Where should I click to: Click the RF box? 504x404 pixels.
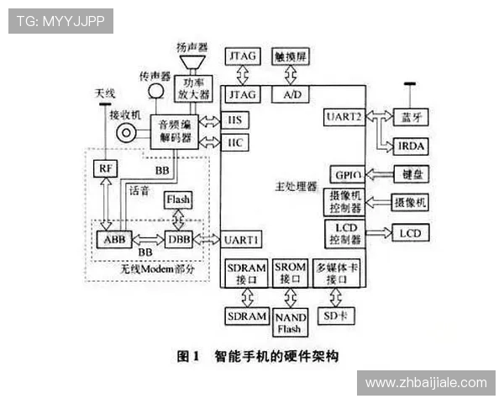tap(105, 167)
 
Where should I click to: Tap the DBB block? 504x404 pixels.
tap(178, 239)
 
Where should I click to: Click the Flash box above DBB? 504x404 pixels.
tap(177, 199)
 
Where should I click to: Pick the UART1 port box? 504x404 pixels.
tap(242, 240)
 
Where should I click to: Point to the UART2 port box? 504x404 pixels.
tap(343, 117)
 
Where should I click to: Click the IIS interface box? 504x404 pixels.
tap(235, 120)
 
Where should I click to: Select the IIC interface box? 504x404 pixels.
tap(235, 143)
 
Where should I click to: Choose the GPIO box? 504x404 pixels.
tap(346, 174)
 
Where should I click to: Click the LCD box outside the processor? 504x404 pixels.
tap(410, 232)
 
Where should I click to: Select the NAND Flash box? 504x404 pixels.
tap(291, 322)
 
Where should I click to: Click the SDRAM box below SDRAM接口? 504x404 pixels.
tap(246, 316)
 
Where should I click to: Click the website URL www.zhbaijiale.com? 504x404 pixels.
tap(426, 382)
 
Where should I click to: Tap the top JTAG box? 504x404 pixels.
tap(244, 56)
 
